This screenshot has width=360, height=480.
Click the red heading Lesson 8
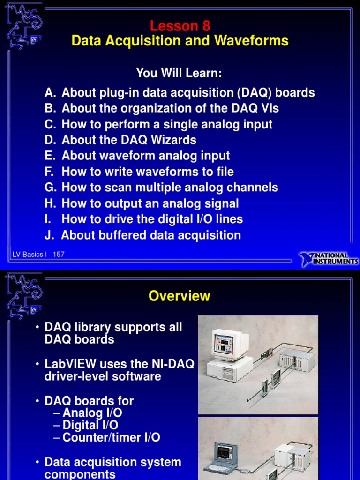tap(180, 26)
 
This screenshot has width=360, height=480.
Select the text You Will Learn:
tap(179, 73)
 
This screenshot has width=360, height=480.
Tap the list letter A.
tap(50, 93)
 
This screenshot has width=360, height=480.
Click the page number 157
tap(59, 255)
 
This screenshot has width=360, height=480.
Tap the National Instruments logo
tap(329, 258)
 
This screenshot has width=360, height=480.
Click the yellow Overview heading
tap(180, 296)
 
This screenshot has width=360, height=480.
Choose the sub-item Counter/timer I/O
tap(111, 438)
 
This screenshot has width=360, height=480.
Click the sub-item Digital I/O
tap(90, 425)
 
